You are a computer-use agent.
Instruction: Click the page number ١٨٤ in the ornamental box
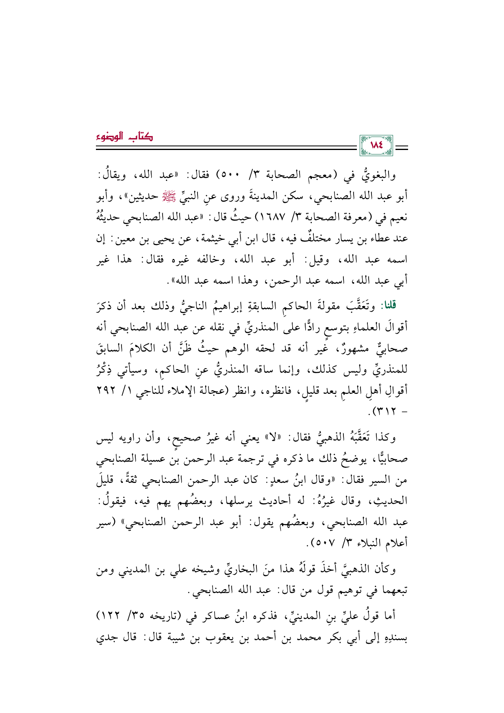(376, 145)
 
